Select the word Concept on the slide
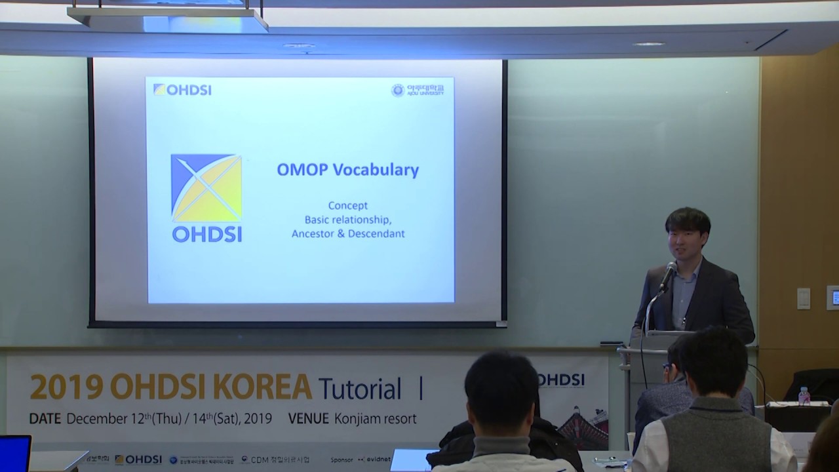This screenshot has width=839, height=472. pyautogui.click(x=347, y=206)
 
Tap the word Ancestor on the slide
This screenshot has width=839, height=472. pyautogui.click(x=313, y=233)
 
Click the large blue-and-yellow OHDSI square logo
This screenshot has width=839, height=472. pyautogui.click(x=206, y=188)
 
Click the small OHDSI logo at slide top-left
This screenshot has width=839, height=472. pyautogui.click(x=182, y=90)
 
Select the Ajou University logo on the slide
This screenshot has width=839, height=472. pyautogui.click(x=418, y=90)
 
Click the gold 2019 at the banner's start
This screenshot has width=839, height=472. pyautogui.click(x=56, y=387)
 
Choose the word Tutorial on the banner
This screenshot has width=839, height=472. pyautogui.click(x=360, y=389)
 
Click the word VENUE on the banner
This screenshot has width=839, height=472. pyautogui.click(x=309, y=418)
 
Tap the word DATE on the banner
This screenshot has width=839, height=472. pyautogui.click(x=45, y=418)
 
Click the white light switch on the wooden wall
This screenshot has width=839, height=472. pyautogui.click(x=803, y=298)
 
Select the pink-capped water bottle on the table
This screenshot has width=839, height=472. pyautogui.click(x=804, y=395)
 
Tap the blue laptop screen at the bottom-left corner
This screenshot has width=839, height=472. pyautogui.click(x=14, y=453)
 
